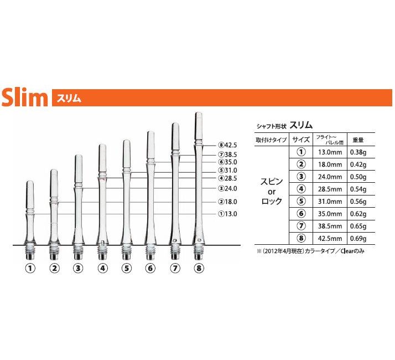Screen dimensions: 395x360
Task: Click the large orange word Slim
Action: point(25,97)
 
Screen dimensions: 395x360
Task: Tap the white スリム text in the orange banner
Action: point(69,98)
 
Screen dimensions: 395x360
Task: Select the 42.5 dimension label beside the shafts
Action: point(228,145)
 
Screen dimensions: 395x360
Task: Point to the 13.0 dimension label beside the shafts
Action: point(228,214)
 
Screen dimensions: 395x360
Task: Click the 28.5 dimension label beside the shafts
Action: point(228,178)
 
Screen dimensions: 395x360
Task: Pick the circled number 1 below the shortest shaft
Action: point(30,268)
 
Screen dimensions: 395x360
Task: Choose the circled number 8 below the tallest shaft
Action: point(199,268)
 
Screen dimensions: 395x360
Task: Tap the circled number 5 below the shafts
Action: point(127,268)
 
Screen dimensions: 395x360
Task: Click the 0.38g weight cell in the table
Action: point(358,152)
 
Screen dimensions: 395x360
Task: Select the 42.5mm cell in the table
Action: point(330,238)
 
